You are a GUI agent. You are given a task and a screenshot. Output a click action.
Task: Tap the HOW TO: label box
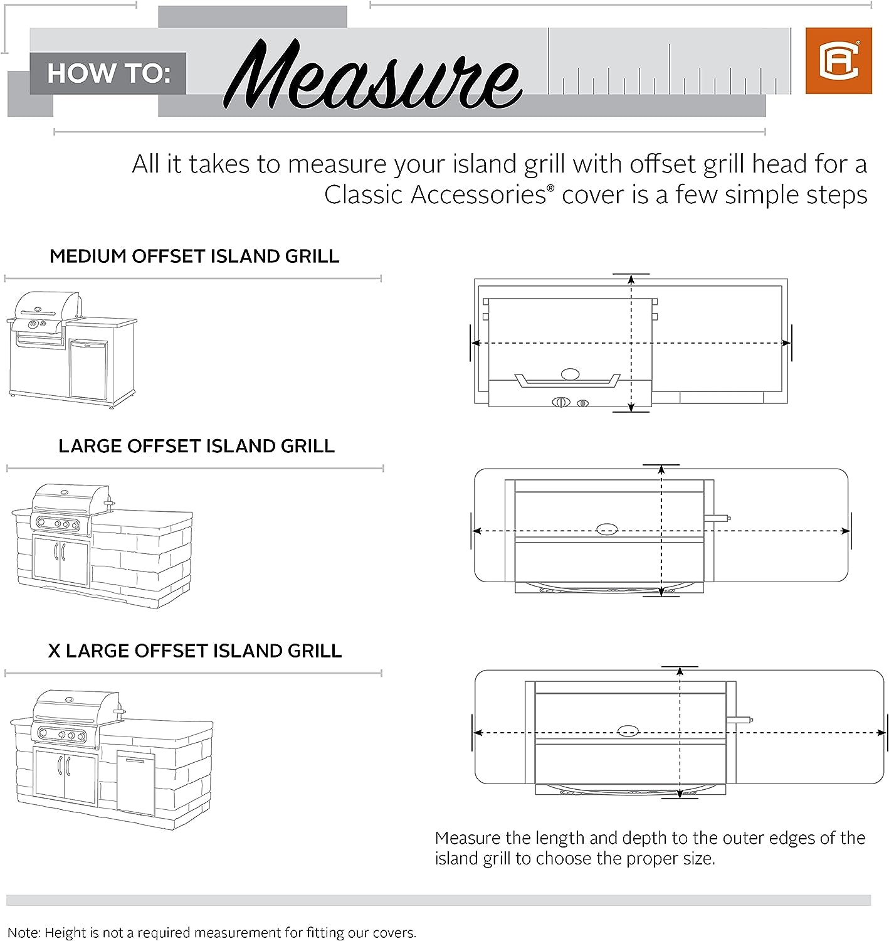(x=108, y=73)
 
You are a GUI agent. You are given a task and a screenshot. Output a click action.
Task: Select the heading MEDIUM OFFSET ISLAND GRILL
(x=194, y=257)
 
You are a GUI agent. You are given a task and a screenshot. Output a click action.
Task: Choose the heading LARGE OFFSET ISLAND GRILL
(x=196, y=446)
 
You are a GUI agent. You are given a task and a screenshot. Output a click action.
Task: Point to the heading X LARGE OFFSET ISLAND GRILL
(x=195, y=651)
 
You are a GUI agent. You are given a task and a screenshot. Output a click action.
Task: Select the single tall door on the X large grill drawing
(x=135, y=784)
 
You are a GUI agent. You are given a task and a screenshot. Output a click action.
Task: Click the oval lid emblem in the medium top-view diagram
(x=570, y=375)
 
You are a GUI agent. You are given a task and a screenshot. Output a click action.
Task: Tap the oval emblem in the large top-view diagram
(x=606, y=529)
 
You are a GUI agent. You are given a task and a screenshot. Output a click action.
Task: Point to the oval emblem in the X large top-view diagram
(x=628, y=731)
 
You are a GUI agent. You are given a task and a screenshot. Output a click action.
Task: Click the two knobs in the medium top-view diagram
(x=570, y=402)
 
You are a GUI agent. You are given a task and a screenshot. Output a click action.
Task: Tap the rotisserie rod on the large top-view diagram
(x=718, y=519)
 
